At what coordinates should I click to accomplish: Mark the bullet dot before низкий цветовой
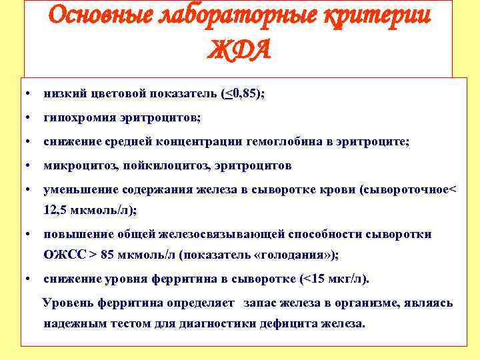pyautogui.click(x=25, y=95)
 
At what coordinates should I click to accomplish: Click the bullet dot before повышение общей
pyautogui.click(x=25, y=234)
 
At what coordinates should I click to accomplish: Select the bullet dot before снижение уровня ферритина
pyautogui.click(x=25, y=278)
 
